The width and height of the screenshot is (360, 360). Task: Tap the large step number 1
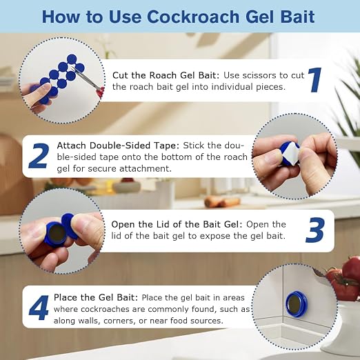point(314,80)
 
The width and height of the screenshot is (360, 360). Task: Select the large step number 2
point(39,156)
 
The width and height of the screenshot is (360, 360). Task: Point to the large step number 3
point(315,230)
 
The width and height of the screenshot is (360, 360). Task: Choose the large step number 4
point(39,308)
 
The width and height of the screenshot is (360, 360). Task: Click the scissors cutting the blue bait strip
point(88,80)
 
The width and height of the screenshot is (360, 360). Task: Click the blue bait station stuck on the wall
point(297,304)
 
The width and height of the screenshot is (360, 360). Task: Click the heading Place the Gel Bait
point(96,297)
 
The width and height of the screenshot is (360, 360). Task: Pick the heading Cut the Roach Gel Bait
point(166,75)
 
